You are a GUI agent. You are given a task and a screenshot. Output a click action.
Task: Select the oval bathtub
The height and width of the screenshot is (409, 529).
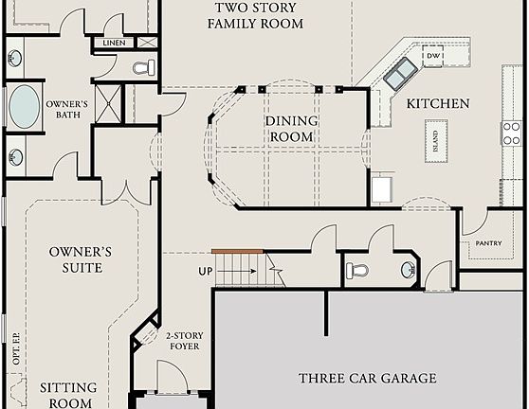coord(24,107)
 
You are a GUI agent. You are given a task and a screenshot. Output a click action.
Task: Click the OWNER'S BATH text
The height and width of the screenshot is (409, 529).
coord(67,110)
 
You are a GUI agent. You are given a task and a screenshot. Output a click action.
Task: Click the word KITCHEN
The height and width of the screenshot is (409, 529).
coord(437,103)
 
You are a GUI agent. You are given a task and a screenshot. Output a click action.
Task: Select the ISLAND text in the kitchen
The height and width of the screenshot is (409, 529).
coord(435,143)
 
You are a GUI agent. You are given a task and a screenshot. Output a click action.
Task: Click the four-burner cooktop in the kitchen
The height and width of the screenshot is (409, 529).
coord(511,133)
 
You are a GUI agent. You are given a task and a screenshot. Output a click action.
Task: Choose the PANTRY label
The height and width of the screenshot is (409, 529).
coord(488,243)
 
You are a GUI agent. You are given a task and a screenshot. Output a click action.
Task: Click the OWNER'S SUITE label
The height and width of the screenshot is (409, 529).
coord(81,259)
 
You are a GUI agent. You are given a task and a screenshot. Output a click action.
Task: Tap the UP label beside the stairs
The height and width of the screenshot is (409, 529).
coord(205,271)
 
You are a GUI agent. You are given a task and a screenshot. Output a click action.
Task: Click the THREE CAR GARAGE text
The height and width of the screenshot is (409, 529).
coord(367,379)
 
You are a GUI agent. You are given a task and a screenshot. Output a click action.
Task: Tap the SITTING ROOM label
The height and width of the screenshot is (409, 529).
coord(67,395)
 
